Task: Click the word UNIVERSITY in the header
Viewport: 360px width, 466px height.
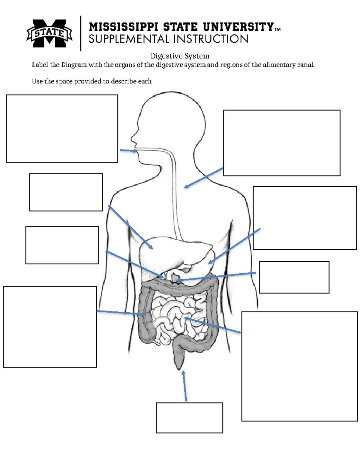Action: click(x=238, y=27)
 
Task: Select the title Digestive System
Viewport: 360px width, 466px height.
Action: click(x=180, y=56)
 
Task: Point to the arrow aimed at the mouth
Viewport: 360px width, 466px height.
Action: click(x=128, y=151)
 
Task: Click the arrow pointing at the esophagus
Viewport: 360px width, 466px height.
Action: click(x=204, y=178)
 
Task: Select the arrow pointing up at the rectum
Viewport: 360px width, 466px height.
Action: click(x=185, y=386)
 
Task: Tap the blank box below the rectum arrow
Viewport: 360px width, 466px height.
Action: click(x=189, y=418)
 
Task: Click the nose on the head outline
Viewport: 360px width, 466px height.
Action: click(x=132, y=139)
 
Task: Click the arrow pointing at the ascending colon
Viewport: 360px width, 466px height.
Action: click(x=121, y=313)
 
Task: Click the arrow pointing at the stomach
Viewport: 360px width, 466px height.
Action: click(x=235, y=246)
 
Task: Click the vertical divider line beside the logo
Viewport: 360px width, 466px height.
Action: click(x=81, y=33)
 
